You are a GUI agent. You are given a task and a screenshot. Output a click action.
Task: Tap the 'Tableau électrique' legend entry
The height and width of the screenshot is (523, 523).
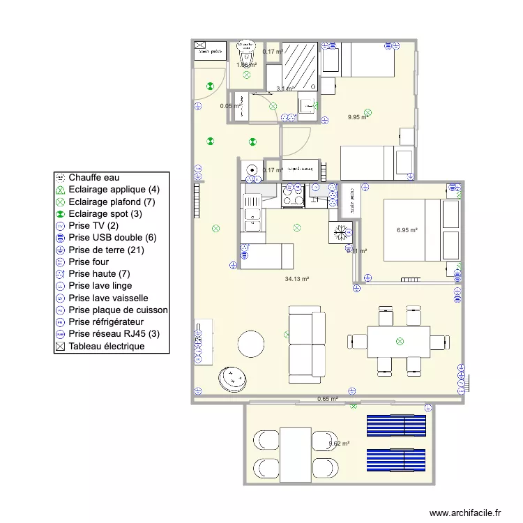tap(106, 346)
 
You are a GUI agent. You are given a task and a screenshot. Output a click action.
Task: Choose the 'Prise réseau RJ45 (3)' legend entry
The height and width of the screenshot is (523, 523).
tap(114, 334)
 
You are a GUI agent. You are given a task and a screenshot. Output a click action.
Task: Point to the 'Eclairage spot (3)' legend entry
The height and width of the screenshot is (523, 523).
tap(105, 213)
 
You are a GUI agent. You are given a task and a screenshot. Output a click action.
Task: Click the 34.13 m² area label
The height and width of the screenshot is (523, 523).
tap(296, 279)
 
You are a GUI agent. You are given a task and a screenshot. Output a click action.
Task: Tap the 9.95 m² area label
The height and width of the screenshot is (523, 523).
tap(358, 117)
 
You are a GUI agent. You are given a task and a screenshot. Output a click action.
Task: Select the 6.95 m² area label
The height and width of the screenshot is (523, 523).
tap(407, 229)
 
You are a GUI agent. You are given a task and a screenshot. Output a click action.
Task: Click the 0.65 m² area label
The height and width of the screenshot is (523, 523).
tap(327, 399)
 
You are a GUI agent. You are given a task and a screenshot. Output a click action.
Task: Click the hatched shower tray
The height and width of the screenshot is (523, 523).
tap(300, 64)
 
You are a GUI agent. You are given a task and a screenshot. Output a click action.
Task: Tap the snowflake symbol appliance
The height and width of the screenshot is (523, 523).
tap(342, 232)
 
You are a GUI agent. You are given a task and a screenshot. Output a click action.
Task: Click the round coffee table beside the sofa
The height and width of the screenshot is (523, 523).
tap(250, 344)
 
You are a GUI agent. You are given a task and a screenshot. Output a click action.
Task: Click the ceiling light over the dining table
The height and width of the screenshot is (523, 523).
tap(400, 341)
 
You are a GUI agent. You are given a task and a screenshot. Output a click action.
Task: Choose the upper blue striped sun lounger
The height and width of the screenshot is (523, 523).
tap(395, 425)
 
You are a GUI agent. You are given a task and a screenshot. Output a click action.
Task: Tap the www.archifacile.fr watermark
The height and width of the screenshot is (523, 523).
tap(465, 513)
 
